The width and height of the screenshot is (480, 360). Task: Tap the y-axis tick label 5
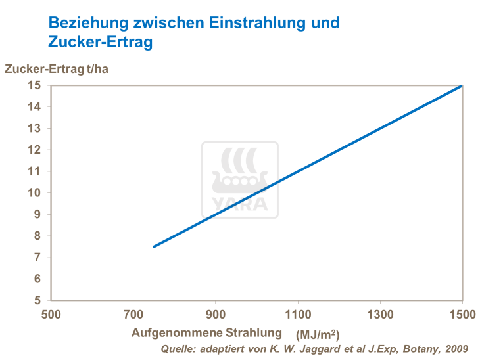click(x=37, y=300)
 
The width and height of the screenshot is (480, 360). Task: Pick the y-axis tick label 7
click(x=37, y=257)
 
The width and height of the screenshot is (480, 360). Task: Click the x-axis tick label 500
click(x=51, y=315)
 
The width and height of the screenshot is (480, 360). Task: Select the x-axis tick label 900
click(x=216, y=315)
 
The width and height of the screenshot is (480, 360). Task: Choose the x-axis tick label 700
click(x=133, y=315)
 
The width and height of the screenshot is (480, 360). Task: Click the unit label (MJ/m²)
click(x=318, y=336)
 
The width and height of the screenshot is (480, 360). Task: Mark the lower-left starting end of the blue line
click(x=154, y=246)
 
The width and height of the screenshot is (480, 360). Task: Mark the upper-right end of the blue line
click(x=462, y=85)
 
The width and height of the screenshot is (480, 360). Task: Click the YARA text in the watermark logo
click(x=240, y=204)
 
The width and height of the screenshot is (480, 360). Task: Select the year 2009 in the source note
click(x=454, y=349)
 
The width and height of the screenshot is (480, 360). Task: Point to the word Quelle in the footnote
click(x=178, y=349)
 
